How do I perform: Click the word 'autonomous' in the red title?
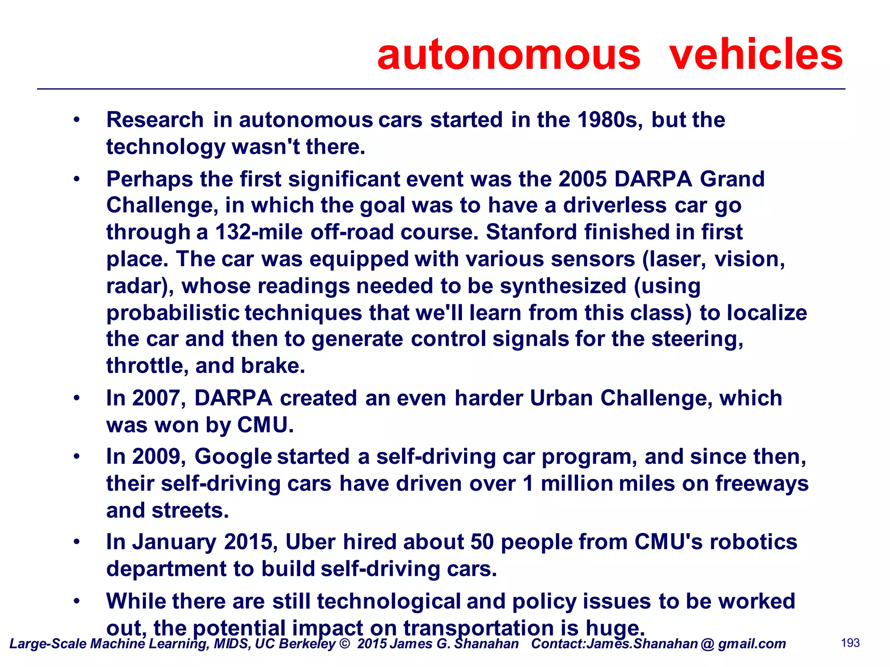(508, 55)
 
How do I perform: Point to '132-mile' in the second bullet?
(259, 232)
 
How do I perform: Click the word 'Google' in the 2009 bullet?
(233, 457)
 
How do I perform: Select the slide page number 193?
(850, 643)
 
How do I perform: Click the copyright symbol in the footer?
(345, 644)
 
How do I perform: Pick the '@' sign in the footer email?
(707, 644)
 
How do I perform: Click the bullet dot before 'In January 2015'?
(77, 542)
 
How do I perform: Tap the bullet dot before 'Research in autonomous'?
(77, 120)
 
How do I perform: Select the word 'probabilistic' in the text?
(173, 314)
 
